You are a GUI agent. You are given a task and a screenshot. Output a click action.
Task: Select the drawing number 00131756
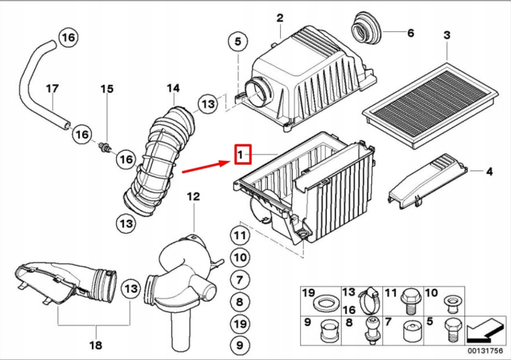pos(484,351)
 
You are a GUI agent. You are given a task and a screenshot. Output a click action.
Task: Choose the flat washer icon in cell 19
pos(322,304)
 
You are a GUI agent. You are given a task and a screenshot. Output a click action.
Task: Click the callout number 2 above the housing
pos(280,18)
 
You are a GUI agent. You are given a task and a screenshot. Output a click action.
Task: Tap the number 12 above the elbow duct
pos(193,197)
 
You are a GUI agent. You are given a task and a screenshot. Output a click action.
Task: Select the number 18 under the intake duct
pos(95,345)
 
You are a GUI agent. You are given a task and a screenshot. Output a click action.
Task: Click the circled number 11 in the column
pos(240,235)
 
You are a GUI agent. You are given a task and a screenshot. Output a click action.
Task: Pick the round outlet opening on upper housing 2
pos(260,92)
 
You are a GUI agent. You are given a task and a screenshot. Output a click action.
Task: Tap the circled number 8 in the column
pos(240,302)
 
